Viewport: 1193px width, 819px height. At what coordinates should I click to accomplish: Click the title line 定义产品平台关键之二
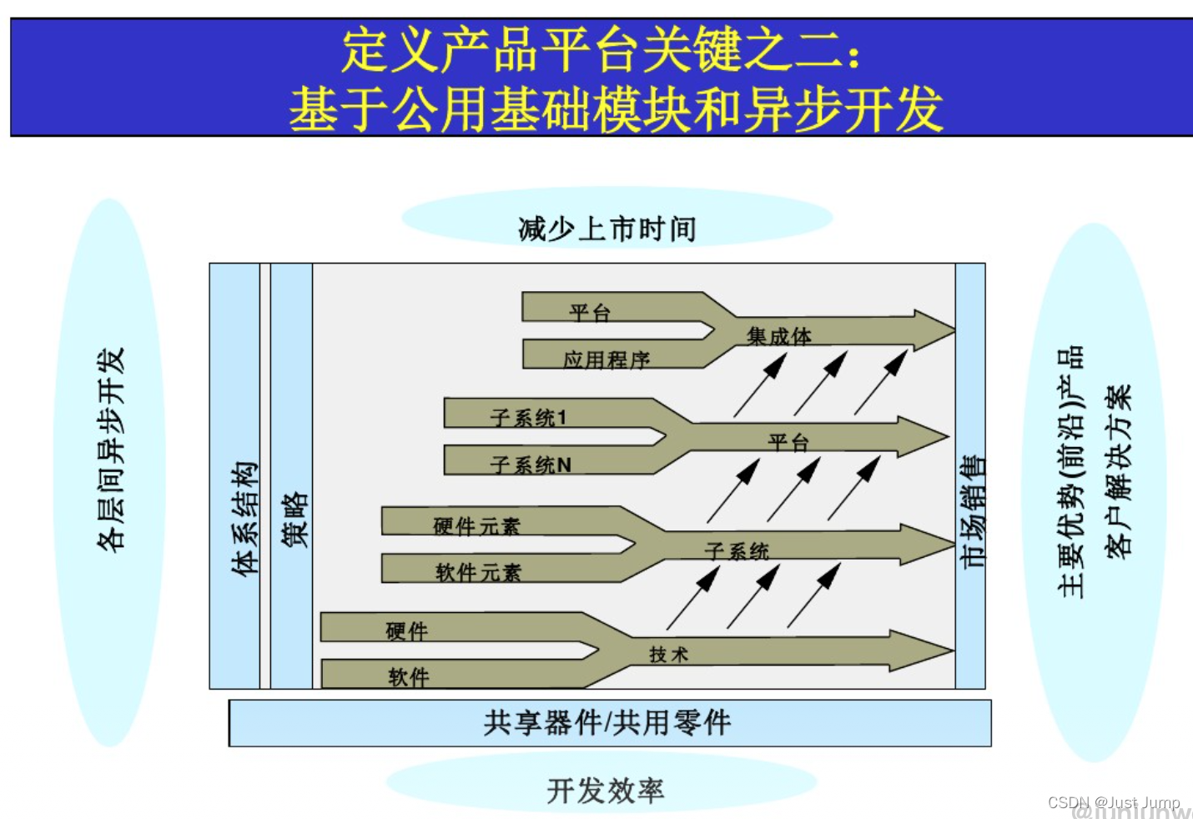pyautogui.click(x=601, y=50)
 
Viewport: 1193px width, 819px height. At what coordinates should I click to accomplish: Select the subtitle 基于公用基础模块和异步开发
pyautogui.click(x=616, y=109)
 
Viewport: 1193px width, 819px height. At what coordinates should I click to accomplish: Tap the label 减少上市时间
pyautogui.click(x=607, y=228)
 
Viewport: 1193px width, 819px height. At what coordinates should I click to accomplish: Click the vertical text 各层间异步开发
pyautogui.click(x=111, y=450)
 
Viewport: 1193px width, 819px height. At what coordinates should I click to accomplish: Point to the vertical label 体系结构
pyautogui.click(x=244, y=518)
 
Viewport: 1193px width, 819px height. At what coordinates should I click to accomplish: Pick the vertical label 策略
pyautogui.click(x=294, y=519)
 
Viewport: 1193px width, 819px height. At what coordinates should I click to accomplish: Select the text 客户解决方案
pyautogui.click(x=1118, y=470)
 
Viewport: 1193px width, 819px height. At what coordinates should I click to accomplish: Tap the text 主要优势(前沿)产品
pyautogui.click(x=1070, y=472)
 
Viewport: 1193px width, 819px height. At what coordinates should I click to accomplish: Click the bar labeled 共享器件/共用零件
pyautogui.click(x=608, y=722)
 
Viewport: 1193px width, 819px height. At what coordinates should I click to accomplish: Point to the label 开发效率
pyautogui.click(x=606, y=790)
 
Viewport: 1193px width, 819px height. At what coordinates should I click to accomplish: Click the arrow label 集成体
pyautogui.click(x=779, y=336)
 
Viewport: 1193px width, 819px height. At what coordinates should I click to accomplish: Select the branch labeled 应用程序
pyautogui.click(x=607, y=359)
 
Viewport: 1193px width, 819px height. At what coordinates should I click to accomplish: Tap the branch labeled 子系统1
pyautogui.click(x=529, y=416)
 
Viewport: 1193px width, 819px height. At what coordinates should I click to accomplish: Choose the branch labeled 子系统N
pyautogui.click(x=531, y=464)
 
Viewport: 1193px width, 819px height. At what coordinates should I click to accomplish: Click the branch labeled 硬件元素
pyautogui.click(x=476, y=525)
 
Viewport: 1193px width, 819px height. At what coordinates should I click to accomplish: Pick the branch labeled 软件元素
pyautogui.click(x=478, y=572)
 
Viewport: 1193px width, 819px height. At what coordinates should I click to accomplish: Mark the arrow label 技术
pyautogui.click(x=668, y=655)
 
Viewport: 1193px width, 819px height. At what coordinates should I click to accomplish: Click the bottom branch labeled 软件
pyautogui.click(x=409, y=676)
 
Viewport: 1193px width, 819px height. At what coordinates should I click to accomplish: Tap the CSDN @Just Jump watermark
pyautogui.click(x=1113, y=802)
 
